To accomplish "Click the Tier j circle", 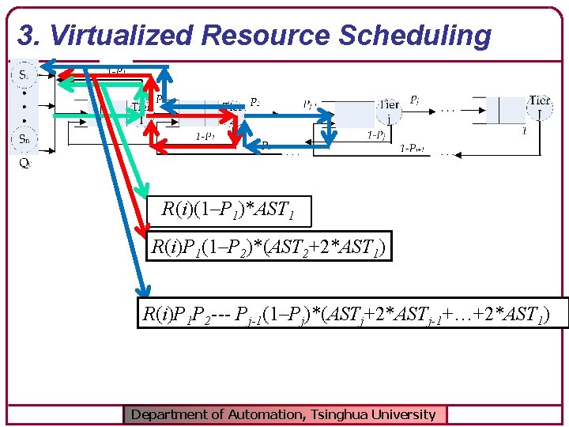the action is [388, 111].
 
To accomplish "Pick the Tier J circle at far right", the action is [539, 108].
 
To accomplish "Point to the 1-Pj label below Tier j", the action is [377, 136].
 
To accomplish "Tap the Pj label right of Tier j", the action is [415, 100].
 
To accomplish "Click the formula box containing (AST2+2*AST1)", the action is [269, 250].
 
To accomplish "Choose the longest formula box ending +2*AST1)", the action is [342, 312].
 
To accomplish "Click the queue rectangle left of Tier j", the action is [355, 113].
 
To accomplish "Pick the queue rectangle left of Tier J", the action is [504, 110].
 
